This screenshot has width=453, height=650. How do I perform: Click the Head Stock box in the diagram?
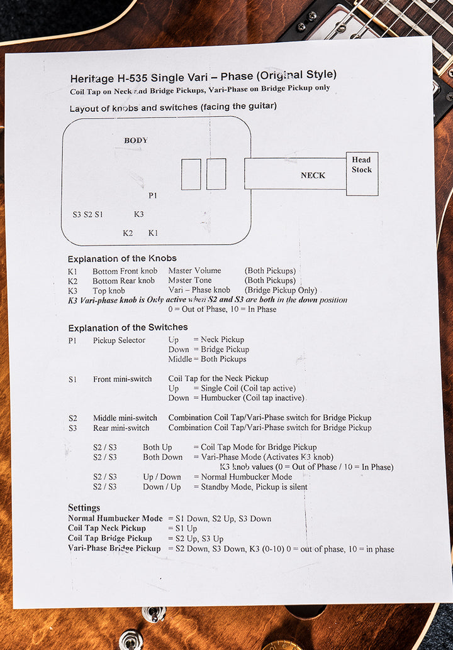(362, 174)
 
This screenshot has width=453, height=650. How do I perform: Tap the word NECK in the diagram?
(313, 175)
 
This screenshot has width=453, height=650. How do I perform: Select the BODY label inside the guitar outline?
(136, 141)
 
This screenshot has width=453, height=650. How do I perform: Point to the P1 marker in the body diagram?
(153, 195)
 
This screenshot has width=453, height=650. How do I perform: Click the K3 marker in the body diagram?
(138, 214)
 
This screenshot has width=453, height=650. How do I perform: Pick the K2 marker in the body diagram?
(128, 233)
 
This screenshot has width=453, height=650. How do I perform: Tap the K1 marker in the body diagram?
(154, 233)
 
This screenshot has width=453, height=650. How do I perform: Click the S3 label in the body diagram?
(77, 214)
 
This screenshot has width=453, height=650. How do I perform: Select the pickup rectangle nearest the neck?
(216, 174)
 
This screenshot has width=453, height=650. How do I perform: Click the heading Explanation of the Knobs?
(122, 259)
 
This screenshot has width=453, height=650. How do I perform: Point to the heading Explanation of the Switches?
(128, 327)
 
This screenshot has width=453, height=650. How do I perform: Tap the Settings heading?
(84, 508)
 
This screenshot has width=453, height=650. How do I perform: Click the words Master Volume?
(195, 271)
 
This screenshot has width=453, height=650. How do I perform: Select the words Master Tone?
(190, 281)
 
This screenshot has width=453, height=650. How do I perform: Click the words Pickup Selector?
(119, 340)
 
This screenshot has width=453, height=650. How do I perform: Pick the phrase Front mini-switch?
(123, 379)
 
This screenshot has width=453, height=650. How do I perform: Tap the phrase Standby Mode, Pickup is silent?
(254, 487)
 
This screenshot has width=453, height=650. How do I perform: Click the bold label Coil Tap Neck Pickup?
(107, 528)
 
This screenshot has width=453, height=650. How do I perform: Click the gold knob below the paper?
(282, 646)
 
